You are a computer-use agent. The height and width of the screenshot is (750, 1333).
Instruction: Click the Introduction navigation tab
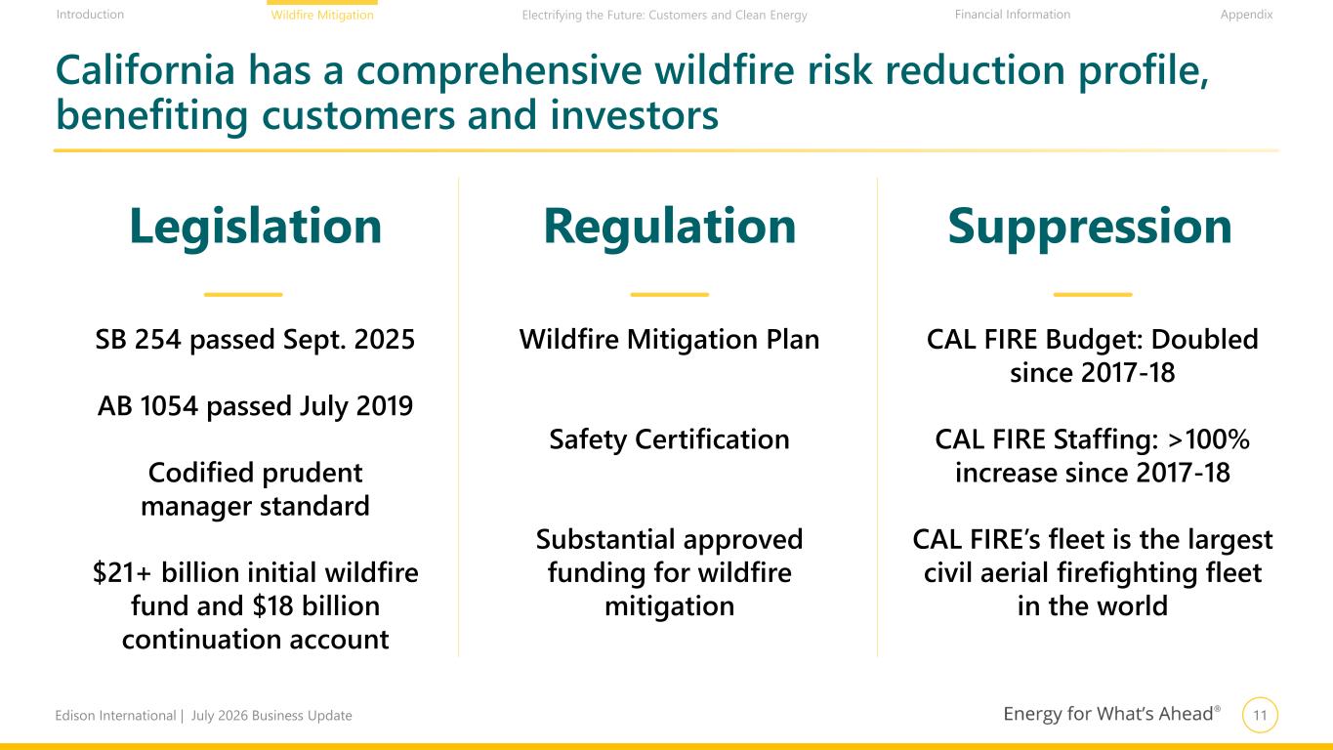(x=90, y=15)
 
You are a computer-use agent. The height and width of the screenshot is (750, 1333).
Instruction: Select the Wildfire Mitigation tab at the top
(x=322, y=15)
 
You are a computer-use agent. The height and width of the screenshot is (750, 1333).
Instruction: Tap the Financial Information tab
(x=1013, y=15)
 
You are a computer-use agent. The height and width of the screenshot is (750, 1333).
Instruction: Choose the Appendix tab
(x=1246, y=15)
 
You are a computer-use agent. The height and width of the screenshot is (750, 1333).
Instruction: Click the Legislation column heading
(x=255, y=227)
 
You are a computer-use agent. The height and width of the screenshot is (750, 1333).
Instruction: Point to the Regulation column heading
(x=670, y=227)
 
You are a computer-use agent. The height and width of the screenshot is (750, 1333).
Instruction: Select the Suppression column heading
(x=1090, y=227)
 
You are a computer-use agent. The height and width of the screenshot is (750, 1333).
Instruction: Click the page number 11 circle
(x=1260, y=715)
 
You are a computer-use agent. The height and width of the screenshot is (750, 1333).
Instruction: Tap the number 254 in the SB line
(x=157, y=339)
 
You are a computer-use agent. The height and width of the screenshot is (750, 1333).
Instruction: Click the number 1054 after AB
(x=168, y=406)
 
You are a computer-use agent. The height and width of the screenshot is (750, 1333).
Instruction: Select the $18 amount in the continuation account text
(x=272, y=605)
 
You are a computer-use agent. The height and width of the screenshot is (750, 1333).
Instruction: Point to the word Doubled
(x=1204, y=339)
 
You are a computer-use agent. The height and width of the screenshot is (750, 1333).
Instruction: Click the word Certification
(x=712, y=439)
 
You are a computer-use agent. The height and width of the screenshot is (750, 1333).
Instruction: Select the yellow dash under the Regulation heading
(x=670, y=295)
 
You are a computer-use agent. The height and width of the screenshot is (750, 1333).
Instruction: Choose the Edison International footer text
(x=115, y=716)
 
